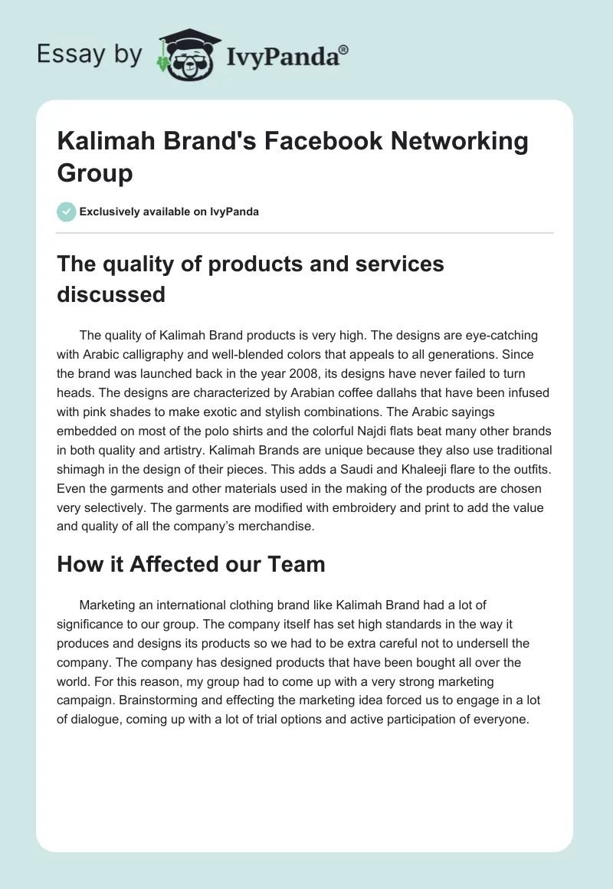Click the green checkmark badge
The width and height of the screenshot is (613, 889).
coord(67,212)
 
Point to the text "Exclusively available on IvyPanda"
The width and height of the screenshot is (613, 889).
coord(169,212)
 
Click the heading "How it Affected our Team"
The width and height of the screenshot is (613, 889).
coord(191,564)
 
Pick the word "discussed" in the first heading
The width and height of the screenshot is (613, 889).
coord(111,294)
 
